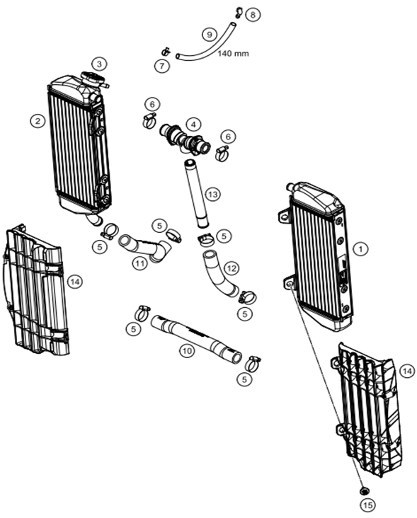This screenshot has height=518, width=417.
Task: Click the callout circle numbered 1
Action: pyautogui.click(x=360, y=248)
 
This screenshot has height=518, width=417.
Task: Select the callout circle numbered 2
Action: pyautogui.click(x=38, y=121)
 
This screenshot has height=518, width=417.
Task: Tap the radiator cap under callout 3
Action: pyautogui.click(x=93, y=79)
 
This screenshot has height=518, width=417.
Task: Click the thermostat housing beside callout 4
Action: pyautogui.click(x=185, y=139)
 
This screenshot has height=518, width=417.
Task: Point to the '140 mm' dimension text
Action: pyautogui.click(x=234, y=53)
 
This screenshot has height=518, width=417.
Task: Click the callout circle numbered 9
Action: pyautogui.click(x=210, y=34)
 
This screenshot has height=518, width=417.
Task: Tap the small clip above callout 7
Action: pyautogui.click(x=165, y=52)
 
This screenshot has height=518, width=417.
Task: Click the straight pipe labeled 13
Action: pyautogui.click(x=197, y=194)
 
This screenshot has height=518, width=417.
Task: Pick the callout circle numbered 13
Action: pyautogui.click(x=213, y=194)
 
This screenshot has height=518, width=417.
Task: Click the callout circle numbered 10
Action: pyautogui.click(x=187, y=351)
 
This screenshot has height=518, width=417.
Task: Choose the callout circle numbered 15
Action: pyautogui.click(x=367, y=505)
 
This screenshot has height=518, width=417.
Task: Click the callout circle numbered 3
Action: pyautogui.click(x=99, y=64)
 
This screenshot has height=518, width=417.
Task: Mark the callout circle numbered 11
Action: pyautogui.click(x=139, y=264)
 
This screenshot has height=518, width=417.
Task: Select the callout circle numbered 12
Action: pyautogui.click(x=232, y=268)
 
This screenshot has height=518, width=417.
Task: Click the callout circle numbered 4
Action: pyautogui.click(x=193, y=125)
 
